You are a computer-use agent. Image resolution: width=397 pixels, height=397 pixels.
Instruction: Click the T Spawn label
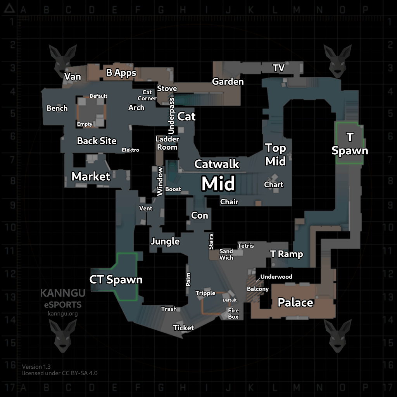click(x=350, y=144)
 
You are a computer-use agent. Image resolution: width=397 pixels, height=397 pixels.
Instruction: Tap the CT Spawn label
click(x=116, y=280)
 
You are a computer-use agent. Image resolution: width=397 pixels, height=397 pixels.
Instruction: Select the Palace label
click(x=295, y=302)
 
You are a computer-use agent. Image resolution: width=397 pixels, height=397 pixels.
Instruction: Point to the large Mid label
click(x=218, y=184)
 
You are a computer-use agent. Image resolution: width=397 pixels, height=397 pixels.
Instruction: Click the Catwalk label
click(x=217, y=164)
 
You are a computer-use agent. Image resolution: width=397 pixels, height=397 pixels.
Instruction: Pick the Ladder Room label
click(x=167, y=143)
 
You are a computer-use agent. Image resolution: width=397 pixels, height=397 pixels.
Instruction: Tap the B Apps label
click(x=121, y=73)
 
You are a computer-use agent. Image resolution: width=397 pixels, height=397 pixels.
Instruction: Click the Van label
click(x=72, y=76)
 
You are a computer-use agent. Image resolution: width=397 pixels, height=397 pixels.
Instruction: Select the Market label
click(x=91, y=177)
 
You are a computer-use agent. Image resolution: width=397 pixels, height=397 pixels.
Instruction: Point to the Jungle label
click(x=165, y=242)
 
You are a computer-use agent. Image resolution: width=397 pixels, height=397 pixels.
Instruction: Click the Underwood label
click(x=276, y=277)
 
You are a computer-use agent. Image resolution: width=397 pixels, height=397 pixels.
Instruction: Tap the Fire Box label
click(x=233, y=314)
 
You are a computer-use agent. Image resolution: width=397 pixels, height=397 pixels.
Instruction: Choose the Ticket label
click(x=183, y=328)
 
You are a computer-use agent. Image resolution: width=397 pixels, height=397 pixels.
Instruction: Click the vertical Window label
click(x=160, y=181)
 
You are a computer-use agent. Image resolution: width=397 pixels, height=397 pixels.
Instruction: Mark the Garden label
click(x=228, y=81)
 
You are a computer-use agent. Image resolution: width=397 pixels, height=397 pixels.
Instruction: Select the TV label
click(x=279, y=68)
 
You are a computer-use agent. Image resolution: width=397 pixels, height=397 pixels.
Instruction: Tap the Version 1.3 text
click(x=36, y=366)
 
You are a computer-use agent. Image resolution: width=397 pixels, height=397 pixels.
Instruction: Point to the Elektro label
click(x=130, y=150)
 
